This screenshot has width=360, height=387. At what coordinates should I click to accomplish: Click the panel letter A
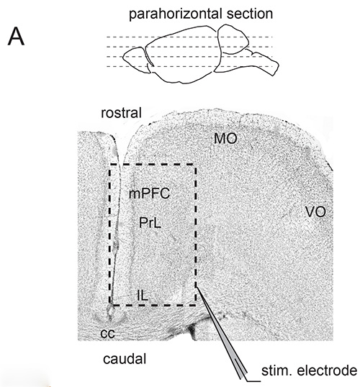tap(16, 36)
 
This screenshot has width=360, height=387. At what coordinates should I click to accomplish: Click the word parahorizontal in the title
tap(176, 14)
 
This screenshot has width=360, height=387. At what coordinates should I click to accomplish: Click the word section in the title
tap(250, 14)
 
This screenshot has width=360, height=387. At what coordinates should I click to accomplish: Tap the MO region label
tap(225, 138)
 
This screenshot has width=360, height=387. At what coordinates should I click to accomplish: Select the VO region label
tap(315, 211)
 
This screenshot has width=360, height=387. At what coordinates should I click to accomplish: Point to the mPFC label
tap(149, 193)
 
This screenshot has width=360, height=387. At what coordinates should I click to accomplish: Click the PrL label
tap(150, 222)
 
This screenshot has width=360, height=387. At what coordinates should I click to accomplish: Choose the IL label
tap(143, 295)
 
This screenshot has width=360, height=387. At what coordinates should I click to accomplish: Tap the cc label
tap(108, 333)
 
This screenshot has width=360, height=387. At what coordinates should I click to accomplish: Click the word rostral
tap(121, 113)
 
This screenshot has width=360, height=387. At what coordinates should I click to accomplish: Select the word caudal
tap(125, 359)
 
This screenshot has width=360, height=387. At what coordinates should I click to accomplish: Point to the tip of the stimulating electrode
tap(197, 288)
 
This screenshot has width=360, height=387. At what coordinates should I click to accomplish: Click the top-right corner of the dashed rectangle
tap(196, 164)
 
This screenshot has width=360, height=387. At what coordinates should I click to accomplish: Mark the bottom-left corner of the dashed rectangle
tap(110, 305)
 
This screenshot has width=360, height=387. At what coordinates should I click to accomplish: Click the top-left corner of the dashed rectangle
tap(110, 164)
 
